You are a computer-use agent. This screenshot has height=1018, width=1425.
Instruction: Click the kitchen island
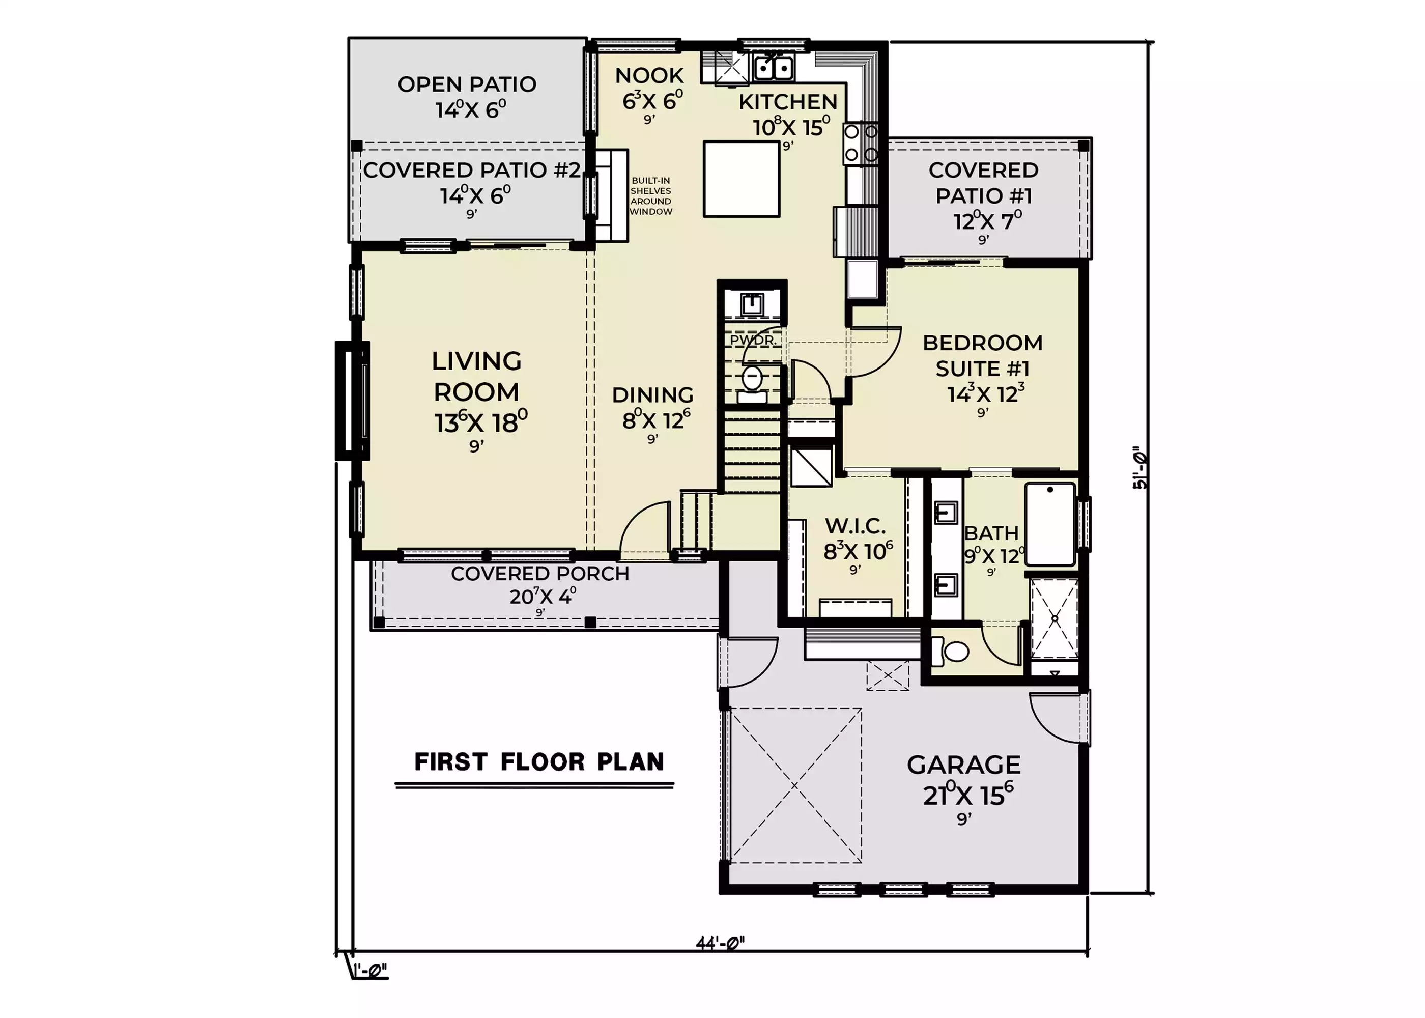pos(742,179)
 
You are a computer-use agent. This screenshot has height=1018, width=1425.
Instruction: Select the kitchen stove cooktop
pos(861,144)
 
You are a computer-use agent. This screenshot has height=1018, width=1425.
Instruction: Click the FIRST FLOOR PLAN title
pos(539,761)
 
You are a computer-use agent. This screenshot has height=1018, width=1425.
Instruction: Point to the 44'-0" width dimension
pos(720,943)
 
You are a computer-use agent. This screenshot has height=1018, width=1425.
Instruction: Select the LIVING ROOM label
pos(477,376)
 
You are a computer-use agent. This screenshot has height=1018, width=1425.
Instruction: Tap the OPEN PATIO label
pos(467,84)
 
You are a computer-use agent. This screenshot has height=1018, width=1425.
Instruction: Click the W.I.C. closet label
pos(856,525)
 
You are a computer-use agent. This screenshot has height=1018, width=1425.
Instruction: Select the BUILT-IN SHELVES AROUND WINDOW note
pos(650,196)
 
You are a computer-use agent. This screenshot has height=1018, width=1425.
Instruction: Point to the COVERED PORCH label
pos(540,574)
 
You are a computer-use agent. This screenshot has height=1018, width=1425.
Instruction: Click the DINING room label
pos(653,395)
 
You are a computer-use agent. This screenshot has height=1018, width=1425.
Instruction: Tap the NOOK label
pos(649,75)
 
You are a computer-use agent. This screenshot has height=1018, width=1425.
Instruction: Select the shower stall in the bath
pos(1054,619)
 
